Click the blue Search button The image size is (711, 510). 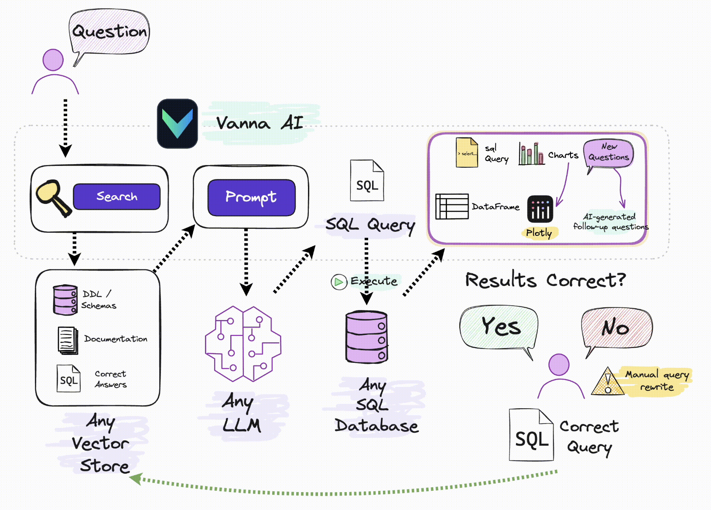tap(117, 196)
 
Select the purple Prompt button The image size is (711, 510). tap(251, 197)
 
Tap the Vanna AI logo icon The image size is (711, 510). tap(178, 123)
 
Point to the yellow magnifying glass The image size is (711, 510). tap(53, 198)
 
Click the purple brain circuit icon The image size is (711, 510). tap(243, 344)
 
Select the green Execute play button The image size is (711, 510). tap(338, 282)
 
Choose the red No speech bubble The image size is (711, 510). tap(616, 331)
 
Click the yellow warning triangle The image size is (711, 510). tap(608, 382)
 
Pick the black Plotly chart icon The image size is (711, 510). tap(540, 209)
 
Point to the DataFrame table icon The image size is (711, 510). tap(451, 206)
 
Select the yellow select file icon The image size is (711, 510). tap(467, 152)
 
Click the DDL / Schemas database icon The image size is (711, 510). tap(65, 300)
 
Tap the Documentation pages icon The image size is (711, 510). tap(68, 341)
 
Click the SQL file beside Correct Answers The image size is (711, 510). tap(68, 378)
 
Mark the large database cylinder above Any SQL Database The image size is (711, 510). tap(366, 337)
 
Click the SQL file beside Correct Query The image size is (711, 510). tap(531, 435)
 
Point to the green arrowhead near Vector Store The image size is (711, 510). tap(136, 479)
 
